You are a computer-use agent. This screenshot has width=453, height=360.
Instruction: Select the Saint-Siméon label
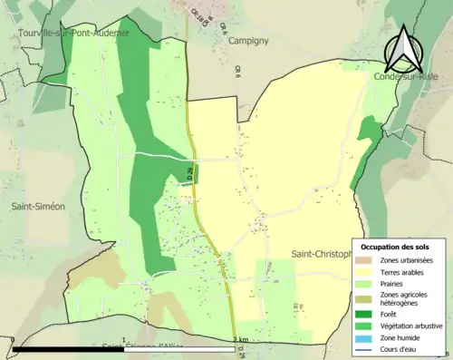click(x=38, y=207)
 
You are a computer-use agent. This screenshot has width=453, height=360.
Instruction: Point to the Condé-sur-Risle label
click(x=411, y=77)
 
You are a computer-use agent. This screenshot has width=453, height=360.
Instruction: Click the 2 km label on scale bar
click(x=240, y=340)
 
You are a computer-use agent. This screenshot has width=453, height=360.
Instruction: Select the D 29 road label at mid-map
click(x=190, y=173)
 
